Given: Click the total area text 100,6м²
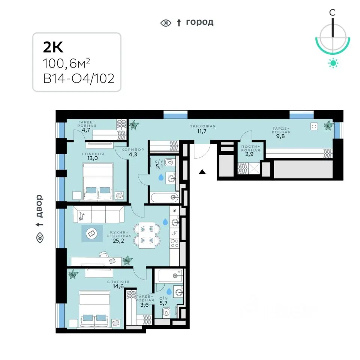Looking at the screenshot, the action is (x=66, y=63).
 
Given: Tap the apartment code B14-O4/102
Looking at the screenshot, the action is (x=79, y=78).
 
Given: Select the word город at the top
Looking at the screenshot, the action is (x=200, y=22).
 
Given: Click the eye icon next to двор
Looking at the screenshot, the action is (x=40, y=237).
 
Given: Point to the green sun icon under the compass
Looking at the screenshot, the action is (x=333, y=63).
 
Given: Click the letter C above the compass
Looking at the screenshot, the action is (x=332, y=12).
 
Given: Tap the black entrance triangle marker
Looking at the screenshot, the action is (x=202, y=171).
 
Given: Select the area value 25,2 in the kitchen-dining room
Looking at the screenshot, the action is (x=118, y=241).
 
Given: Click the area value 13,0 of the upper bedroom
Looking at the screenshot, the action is (x=93, y=158).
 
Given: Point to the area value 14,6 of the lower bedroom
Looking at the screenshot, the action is (x=118, y=286).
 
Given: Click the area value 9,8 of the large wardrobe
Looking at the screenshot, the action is (x=280, y=136).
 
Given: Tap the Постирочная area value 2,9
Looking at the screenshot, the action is (x=249, y=154).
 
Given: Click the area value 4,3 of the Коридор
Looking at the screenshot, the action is (x=133, y=154).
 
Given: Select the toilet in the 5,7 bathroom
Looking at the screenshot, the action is (x=166, y=312).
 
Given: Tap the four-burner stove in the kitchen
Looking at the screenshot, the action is (x=175, y=243).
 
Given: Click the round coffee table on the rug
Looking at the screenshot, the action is (x=91, y=234).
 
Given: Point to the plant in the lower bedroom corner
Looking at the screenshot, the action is (x=73, y=274).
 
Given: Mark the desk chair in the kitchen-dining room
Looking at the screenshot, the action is (x=103, y=254).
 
